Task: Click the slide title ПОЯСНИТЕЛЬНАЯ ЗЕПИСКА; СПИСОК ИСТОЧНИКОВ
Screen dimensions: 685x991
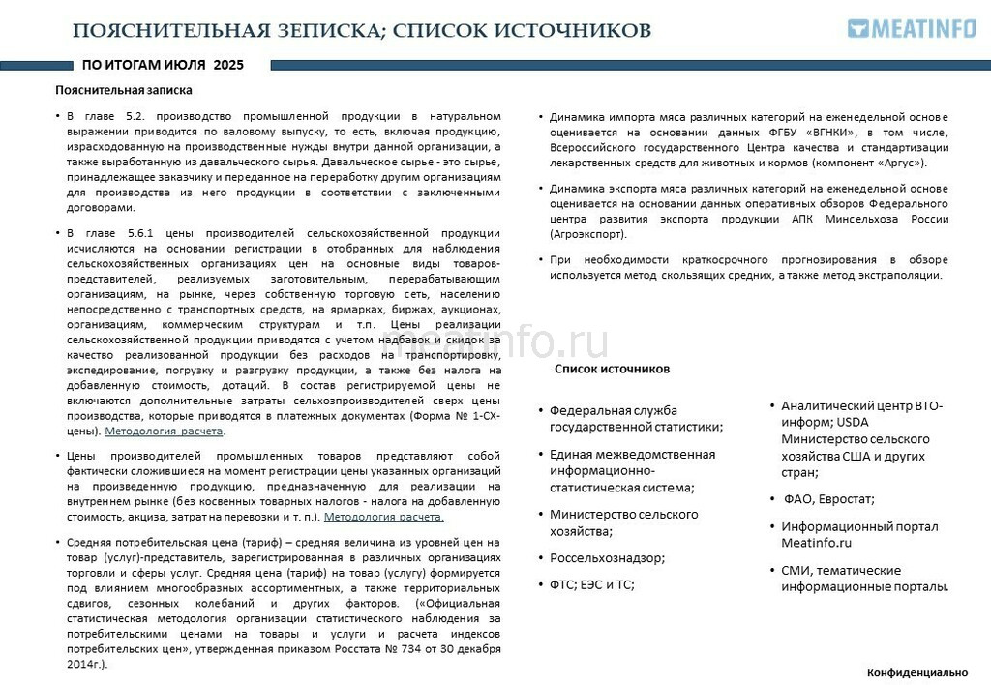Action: coord(362,30)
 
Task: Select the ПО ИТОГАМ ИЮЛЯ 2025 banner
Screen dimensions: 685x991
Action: coord(163,66)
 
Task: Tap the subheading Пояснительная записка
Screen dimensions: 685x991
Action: coord(124,90)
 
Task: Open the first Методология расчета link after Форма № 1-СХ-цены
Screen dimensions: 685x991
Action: coord(165,431)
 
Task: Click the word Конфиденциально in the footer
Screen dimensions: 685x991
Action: coord(916,671)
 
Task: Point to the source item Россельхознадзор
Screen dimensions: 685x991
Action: coord(607,557)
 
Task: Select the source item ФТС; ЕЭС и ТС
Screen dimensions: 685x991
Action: coord(591,584)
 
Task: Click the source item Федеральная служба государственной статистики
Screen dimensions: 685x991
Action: coord(636,418)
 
